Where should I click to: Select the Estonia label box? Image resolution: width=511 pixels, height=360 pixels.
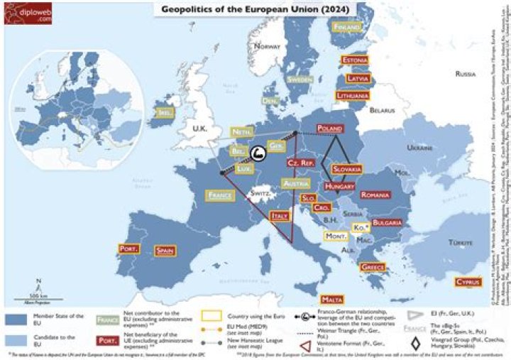click(354, 60)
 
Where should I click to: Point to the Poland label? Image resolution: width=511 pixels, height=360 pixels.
click(331, 129)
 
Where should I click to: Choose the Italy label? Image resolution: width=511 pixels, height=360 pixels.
click(280, 215)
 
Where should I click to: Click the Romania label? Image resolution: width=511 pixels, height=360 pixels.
click(395, 195)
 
